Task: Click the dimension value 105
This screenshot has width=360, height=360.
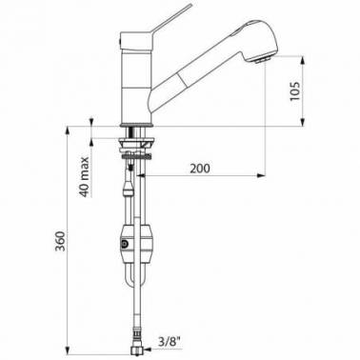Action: pos(295,90)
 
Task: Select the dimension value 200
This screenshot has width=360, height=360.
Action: pos(200,169)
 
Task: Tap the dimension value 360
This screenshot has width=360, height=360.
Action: pos(60,241)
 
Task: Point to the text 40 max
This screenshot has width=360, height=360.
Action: pos(84,177)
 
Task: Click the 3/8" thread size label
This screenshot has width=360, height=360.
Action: pos(170,342)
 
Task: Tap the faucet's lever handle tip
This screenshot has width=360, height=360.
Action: pos(191,5)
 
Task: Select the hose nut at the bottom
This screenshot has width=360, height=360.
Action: pos(136,350)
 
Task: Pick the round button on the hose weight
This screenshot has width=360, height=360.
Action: pos(125,245)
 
